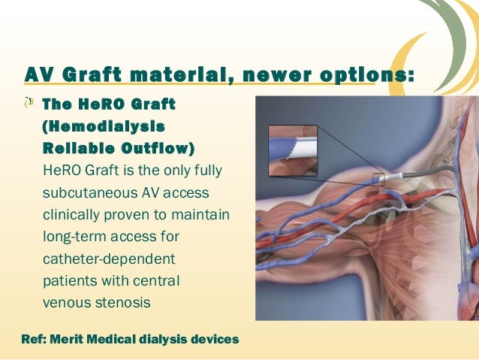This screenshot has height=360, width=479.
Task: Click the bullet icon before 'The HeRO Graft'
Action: [x=29, y=103]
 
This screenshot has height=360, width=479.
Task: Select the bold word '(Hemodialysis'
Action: [x=99, y=124]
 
